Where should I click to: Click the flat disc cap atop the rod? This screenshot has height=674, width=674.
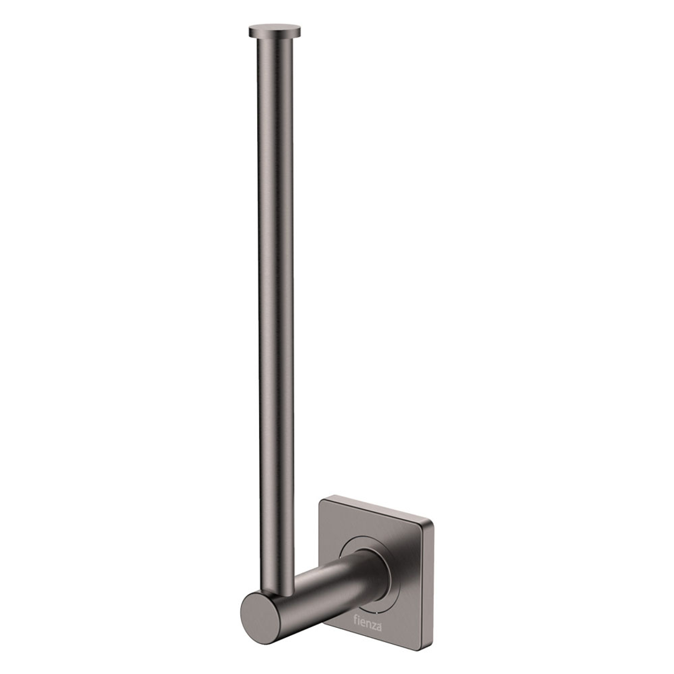[x=275, y=29]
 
